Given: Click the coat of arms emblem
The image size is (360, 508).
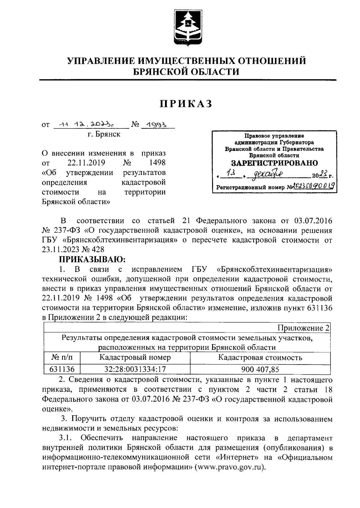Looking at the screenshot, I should click(188, 28).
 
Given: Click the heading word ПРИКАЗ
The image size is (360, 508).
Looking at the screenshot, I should click(186, 104).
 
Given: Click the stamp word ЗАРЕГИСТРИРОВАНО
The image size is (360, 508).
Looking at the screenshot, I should click(274, 163).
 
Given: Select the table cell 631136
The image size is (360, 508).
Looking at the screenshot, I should click(62, 369).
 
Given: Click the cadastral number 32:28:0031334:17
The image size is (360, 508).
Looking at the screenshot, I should click(135, 369).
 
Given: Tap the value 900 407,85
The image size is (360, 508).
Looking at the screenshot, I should click(260, 369).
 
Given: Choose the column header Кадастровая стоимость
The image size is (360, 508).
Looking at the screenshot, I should click(260, 357).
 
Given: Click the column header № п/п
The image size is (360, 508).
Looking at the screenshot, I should click(62, 357).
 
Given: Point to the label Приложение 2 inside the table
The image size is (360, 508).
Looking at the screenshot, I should click(303, 328).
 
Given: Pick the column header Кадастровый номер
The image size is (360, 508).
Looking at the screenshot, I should click(135, 357).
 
